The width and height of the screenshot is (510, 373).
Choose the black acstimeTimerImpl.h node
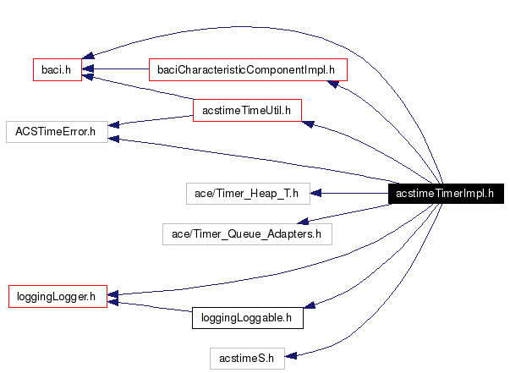(x=445, y=194)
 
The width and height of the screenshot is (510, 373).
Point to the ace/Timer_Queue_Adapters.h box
(x=247, y=233)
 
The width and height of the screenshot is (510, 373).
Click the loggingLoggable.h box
(x=247, y=318)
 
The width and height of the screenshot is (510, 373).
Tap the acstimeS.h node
(x=247, y=358)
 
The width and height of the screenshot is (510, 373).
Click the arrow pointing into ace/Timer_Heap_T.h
(x=347, y=194)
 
